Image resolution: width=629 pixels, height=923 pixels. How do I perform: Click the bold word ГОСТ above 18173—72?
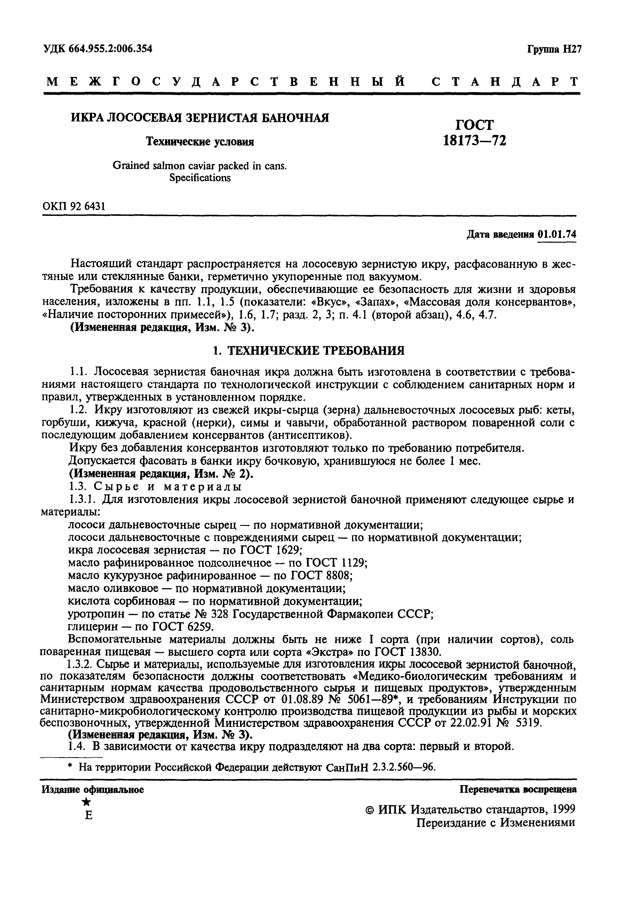tap(474, 125)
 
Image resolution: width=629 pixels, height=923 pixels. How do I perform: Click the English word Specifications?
tap(200, 178)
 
